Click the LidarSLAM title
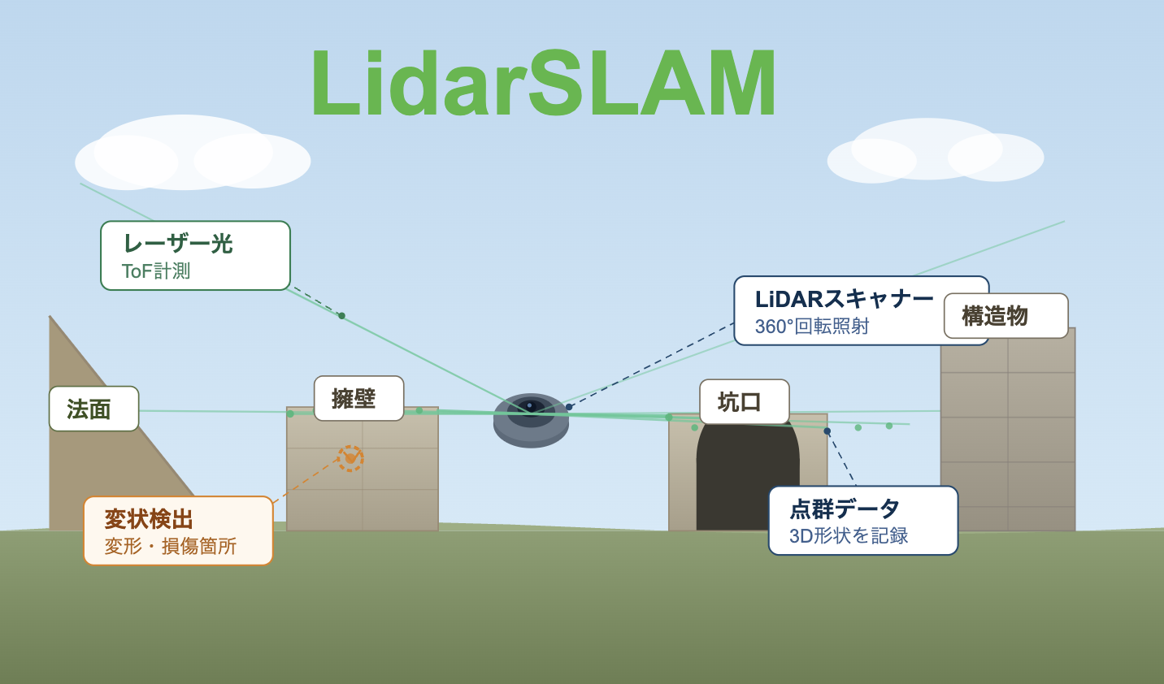(543, 84)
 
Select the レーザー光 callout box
(195, 255)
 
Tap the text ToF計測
(156, 271)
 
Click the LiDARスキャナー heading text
(844, 300)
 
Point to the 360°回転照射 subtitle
(812, 327)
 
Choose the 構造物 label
(1005, 316)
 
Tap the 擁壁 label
(358, 398)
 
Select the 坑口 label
(744, 401)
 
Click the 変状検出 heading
(149, 519)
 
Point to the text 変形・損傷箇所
(171, 546)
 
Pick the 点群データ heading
(845, 509)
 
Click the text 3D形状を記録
(849, 536)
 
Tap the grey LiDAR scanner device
(531, 422)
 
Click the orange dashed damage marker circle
(350, 458)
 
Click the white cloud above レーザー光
(192, 154)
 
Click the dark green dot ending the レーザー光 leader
(341, 315)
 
